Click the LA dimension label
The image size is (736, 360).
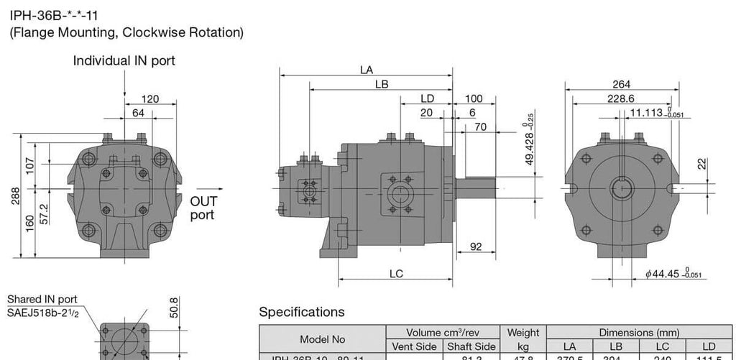coord(367,70)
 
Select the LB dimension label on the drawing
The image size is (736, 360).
coord(382,84)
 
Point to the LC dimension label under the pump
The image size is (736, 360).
coord(396,273)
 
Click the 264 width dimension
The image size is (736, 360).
coord(621,85)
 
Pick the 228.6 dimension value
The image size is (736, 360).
coord(621,98)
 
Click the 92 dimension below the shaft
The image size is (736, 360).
coord(475,246)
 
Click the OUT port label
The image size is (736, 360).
coord(203,208)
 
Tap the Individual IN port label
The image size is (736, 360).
coord(124,61)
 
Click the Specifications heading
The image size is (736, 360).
coord(301,312)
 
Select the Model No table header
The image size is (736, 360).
coord(322,339)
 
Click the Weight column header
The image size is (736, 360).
coord(523,333)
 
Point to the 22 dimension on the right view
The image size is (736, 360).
coord(701,164)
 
